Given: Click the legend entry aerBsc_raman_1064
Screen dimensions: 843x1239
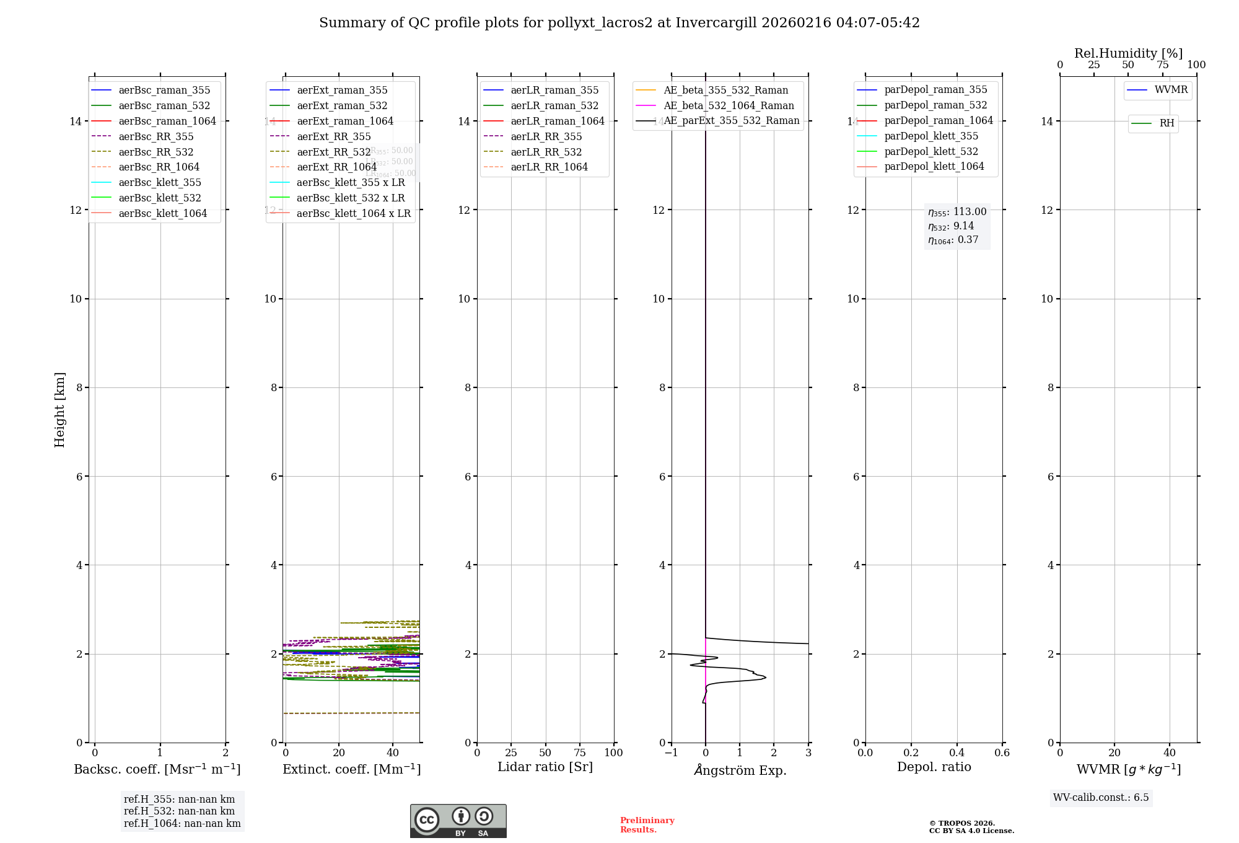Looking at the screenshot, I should (x=167, y=121).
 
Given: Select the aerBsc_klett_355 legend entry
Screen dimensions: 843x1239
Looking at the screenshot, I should (x=160, y=182).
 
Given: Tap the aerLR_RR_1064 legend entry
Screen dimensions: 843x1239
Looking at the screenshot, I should (x=549, y=167).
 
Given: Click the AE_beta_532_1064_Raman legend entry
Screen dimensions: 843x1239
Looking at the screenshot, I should (x=729, y=105).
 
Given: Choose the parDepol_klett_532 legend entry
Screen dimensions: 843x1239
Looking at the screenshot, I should (x=931, y=151).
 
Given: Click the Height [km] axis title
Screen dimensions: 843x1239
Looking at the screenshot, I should (x=59, y=409).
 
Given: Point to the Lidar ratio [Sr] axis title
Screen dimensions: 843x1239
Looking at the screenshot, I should (x=545, y=767).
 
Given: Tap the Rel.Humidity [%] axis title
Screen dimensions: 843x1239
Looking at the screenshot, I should (x=1128, y=53).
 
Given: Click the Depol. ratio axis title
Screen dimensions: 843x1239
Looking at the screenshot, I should (x=934, y=767).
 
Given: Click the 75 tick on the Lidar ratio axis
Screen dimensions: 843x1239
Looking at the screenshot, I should (x=580, y=753).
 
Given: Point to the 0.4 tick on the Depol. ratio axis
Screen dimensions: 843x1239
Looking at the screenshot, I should (x=957, y=753).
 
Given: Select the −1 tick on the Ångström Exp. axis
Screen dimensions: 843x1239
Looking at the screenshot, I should (x=671, y=753).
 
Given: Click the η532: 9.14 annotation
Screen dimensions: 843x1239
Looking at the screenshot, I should (x=951, y=226).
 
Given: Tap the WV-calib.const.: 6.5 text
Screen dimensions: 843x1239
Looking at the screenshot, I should (x=1101, y=797).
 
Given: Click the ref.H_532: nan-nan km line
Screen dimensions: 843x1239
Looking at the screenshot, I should (x=179, y=811).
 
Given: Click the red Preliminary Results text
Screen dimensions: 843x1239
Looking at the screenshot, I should (x=647, y=825).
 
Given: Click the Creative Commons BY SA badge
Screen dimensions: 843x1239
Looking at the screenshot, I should (x=458, y=821).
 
